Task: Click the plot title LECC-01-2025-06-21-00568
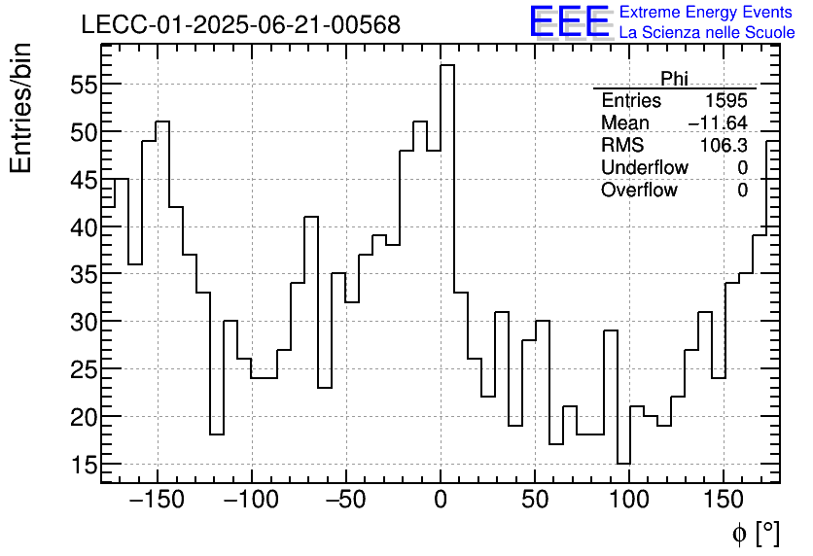(x=240, y=25)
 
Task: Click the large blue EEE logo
(x=569, y=23)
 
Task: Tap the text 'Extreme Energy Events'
(x=707, y=13)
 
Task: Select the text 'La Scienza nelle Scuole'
(x=707, y=33)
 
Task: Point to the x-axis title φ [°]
(x=756, y=533)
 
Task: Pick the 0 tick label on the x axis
(x=441, y=501)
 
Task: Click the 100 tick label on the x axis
(x=629, y=501)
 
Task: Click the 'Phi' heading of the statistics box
(x=674, y=78)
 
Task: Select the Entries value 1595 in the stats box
(x=726, y=101)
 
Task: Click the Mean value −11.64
(x=718, y=123)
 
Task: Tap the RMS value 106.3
(x=725, y=146)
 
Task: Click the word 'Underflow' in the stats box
(x=644, y=168)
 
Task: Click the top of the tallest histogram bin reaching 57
(x=447, y=65)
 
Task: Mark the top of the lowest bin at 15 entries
(x=623, y=464)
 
